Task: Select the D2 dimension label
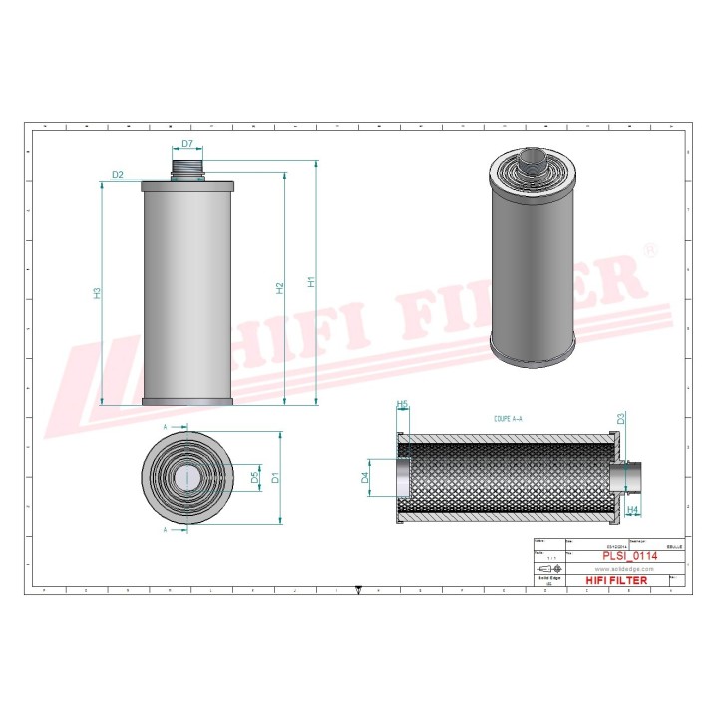[118, 175]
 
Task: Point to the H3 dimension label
[97, 293]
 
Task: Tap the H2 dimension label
[280, 287]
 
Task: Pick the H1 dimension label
[311, 282]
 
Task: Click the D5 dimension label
[255, 478]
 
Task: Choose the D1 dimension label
[276, 477]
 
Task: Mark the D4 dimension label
[365, 478]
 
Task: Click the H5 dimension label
[403, 404]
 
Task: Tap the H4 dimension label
[632, 509]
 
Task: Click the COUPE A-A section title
[509, 421]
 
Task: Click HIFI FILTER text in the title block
[615, 580]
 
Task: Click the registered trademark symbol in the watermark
[649, 249]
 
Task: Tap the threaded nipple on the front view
[187, 169]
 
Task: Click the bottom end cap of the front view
[187, 402]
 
